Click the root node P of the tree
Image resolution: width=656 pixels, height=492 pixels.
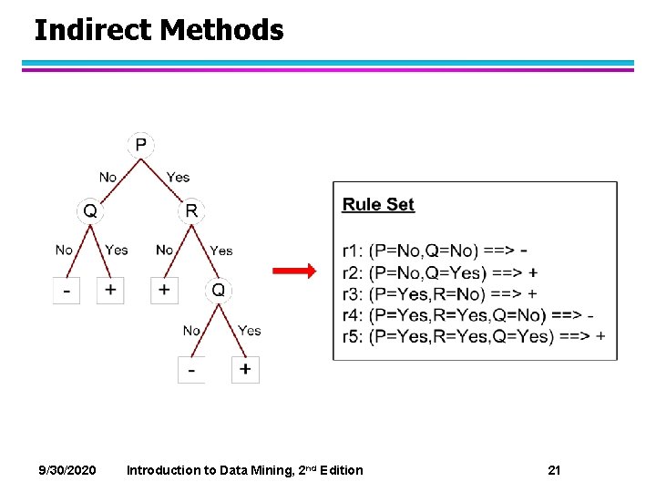tap(140, 145)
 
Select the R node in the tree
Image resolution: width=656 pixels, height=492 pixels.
tap(191, 211)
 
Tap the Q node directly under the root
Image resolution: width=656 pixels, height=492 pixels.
tap(90, 211)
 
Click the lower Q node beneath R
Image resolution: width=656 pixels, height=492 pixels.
tap(219, 290)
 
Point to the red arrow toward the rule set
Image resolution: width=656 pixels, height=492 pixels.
tap(294, 272)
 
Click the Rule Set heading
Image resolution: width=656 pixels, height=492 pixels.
tap(378, 204)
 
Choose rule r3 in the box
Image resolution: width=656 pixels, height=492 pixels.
tap(440, 293)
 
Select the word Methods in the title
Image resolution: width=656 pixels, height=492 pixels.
tap(221, 31)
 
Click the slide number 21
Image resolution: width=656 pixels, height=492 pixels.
tap(554, 470)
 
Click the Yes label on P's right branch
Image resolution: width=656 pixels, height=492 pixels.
tap(178, 177)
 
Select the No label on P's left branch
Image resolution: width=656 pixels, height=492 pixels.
tap(108, 177)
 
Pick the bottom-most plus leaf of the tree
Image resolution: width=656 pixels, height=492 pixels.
tap(245, 369)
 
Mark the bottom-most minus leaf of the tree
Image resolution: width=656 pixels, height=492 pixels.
tap(191, 370)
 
